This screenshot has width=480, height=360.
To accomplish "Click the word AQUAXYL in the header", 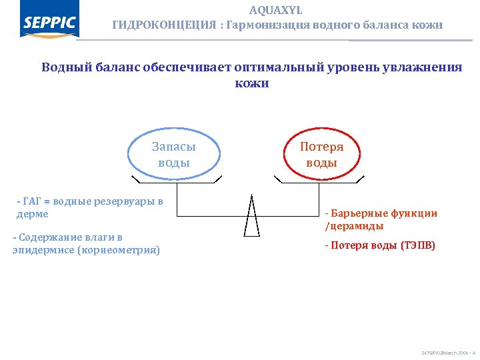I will (x=275, y=10).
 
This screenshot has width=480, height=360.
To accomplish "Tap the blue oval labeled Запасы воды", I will (x=173, y=154).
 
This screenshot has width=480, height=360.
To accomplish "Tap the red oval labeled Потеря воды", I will (x=321, y=154).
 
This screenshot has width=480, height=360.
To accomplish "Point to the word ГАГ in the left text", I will (x=32, y=202).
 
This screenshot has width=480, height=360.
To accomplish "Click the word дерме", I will (x=32, y=214).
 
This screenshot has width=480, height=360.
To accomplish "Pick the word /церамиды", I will (x=354, y=226).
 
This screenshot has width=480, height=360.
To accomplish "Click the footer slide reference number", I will (x=448, y=351).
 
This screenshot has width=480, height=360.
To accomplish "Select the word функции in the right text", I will (x=415, y=213).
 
